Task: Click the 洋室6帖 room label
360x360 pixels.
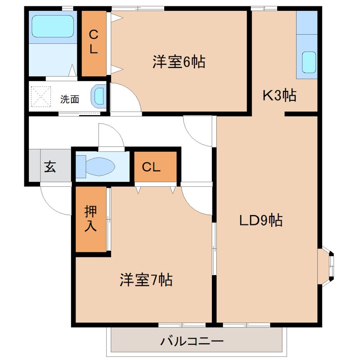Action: point(179,62)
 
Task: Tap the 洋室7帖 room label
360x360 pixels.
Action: point(146,280)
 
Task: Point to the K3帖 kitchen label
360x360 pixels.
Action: point(279,95)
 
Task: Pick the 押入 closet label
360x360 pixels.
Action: point(90,219)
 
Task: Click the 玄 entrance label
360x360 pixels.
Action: point(49,167)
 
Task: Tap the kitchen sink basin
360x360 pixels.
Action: point(309,62)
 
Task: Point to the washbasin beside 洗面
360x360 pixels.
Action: point(99,96)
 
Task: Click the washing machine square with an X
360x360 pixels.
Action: point(40,96)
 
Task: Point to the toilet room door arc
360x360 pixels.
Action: point(110,135)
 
